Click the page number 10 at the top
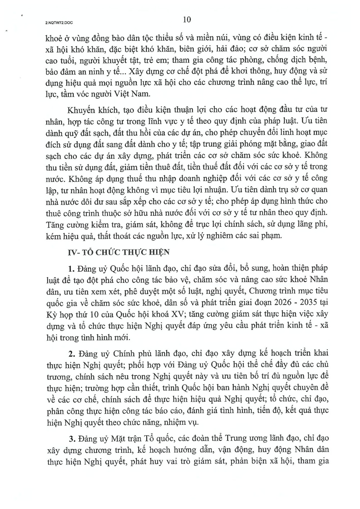(x=186, y=19)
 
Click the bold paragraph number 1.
(x=70, y=269)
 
